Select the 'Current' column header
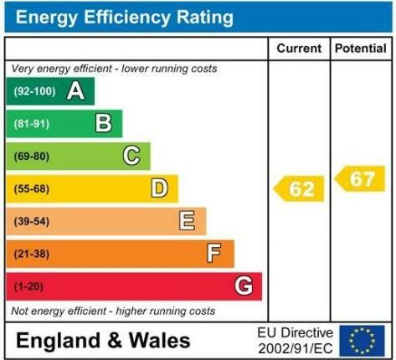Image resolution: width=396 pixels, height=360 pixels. click(x=298, y=49)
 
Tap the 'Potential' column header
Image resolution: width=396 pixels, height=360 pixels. click(x=361, y=49)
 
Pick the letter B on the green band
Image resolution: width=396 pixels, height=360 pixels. click(x=104, y=124)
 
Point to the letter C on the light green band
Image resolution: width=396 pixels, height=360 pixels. click(x=131, y=156)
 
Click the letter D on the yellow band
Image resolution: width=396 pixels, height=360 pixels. click(x=159, y=188)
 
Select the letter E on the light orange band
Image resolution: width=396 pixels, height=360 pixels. click(x=187, y=221)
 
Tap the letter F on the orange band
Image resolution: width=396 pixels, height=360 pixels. click(x=214, y=253)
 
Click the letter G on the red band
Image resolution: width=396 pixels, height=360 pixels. click(x=244, y=286)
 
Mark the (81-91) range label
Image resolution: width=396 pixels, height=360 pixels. click(x=31, y=125)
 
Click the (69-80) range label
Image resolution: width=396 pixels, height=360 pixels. click(x=31, y=157)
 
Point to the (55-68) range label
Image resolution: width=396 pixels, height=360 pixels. click(x=31, y=189)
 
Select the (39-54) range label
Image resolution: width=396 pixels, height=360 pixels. click(x=31, y=221)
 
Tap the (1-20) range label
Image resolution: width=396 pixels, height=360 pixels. click(x=28, y=286)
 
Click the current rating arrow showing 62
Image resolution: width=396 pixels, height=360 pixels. click(x=300, y=189)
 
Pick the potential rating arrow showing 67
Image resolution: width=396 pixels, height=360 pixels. click(x=361, y=178)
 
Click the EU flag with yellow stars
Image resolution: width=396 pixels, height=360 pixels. click(x=363, y=340)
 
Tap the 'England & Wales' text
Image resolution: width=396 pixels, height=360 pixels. click(x=104, y=341)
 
